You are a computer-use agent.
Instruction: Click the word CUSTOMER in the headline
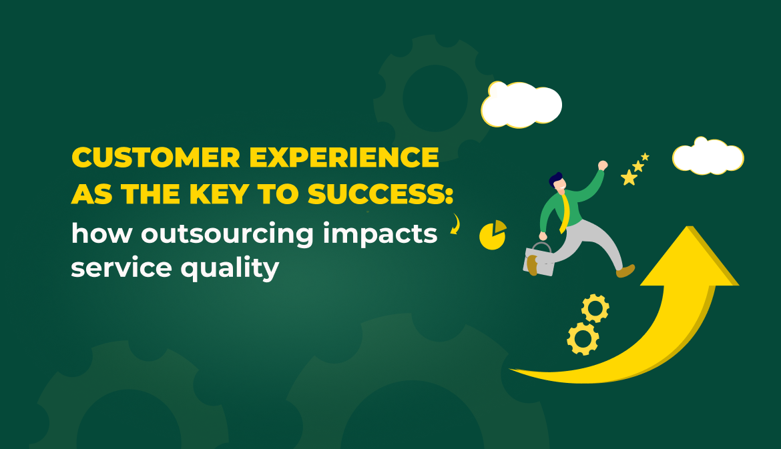156,158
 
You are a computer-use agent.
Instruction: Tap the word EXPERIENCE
344,158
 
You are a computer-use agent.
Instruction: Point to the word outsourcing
227,234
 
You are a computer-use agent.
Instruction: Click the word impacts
380,234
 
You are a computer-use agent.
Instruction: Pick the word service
121,268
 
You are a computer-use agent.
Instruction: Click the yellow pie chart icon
492,235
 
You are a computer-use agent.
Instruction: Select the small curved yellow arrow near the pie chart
456,224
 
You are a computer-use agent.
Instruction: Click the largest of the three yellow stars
629,177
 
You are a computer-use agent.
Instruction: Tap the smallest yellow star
645,157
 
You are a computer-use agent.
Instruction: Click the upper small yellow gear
595,308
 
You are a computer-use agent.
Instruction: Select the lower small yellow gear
583,339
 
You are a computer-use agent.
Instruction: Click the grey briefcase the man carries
539,260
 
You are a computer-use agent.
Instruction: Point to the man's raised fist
603,165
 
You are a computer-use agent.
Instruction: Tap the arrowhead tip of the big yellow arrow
690,226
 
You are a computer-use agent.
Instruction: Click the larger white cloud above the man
521,105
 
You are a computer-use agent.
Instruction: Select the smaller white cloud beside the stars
708,156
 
